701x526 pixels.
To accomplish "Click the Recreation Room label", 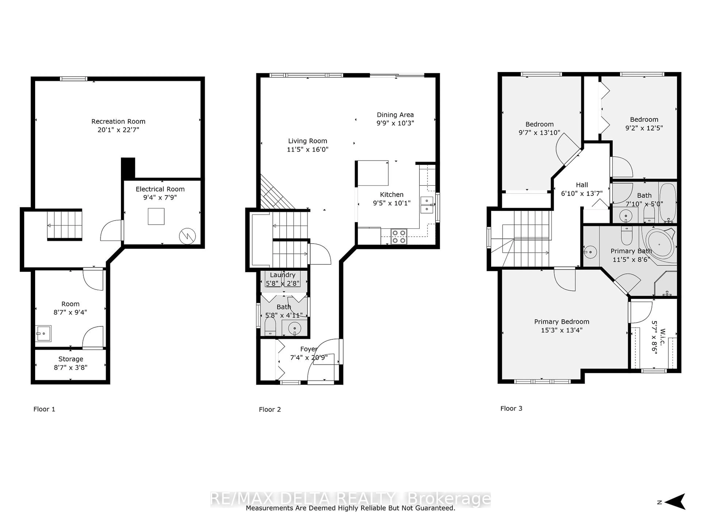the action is (118, 121).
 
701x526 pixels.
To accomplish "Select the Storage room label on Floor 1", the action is (71, 359).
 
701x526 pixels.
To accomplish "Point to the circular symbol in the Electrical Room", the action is (187, 236).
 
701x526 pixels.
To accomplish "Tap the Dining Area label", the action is (395, 115).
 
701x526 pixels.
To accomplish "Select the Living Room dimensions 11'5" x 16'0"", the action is (307, 149).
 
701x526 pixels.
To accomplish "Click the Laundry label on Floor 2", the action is (283, 275).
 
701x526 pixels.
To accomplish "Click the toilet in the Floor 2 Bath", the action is (270, 326).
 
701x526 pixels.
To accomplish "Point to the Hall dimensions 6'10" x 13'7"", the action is (582, 193).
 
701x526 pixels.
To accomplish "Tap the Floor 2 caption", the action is (270, 409).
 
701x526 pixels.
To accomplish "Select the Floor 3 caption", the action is (511, 408).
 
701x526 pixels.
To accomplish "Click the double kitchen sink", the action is (427, 205).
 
